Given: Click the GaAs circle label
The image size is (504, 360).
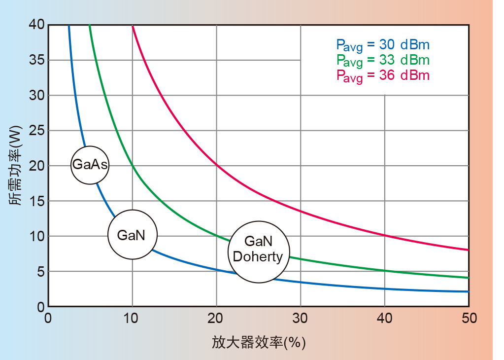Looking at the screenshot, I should coord(90,165).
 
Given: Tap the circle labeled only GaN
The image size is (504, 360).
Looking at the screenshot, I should coord(132,235).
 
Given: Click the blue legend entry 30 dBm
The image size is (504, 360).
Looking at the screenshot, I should coord(383,45).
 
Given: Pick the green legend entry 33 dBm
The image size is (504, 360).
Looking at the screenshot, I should coord(383,60).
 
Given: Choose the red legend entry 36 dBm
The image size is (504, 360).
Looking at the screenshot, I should coord(383,75).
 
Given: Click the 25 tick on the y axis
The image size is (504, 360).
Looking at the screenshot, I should coord(36,130).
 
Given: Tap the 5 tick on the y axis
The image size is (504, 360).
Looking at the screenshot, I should coord(39,272).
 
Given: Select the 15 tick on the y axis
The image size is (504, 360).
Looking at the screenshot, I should coord(36,201).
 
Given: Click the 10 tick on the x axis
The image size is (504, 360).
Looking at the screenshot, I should coord(132,319).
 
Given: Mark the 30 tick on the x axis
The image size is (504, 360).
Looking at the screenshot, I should coord(301,319).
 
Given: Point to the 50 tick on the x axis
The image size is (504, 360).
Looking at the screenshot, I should coord(469,319).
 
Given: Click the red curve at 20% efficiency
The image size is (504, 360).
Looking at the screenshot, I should coord(216,165).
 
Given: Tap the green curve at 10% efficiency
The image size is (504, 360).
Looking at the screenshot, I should coord(132,166).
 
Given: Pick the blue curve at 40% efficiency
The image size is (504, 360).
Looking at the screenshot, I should coord(385,289).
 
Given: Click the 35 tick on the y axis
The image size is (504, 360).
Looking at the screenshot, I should coord(36,60).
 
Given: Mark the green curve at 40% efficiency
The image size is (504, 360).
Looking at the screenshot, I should coord(385,271).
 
